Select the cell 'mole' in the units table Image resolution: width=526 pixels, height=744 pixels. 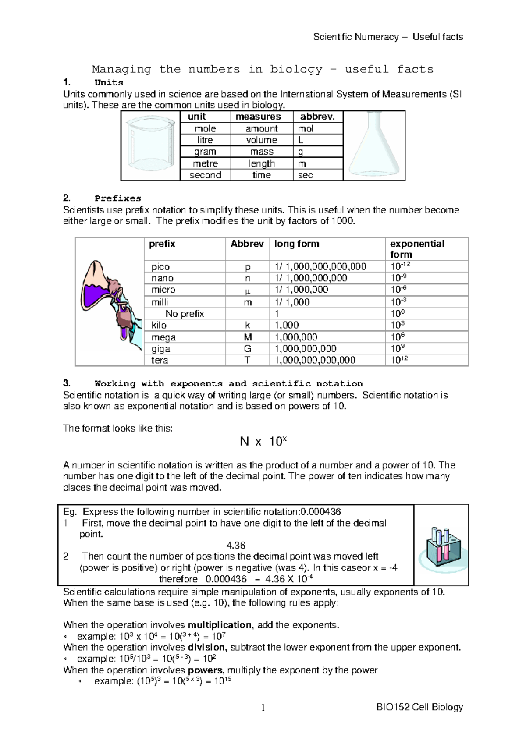pos(205,129)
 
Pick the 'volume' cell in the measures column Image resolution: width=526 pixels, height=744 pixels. pos(261,140)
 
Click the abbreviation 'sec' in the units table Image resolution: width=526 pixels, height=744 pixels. pos(306,175)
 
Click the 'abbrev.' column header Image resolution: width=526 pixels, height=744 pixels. pos(317,117)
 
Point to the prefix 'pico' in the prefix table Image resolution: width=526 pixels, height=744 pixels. pos(160,267)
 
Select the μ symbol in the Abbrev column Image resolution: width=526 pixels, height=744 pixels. pos(247,290)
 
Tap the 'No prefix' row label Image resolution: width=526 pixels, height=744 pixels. pos(185,314)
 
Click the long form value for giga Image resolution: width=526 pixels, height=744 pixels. pos(306,349)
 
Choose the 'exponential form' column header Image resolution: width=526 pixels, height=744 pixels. pos(417,249)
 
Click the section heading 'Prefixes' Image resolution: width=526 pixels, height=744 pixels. pos(118,198)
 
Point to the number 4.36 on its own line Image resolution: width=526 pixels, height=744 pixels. pos(236,546)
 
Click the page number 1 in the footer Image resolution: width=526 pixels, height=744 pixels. pos(263,708)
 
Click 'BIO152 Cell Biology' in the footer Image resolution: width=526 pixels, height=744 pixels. pos(419,707)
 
